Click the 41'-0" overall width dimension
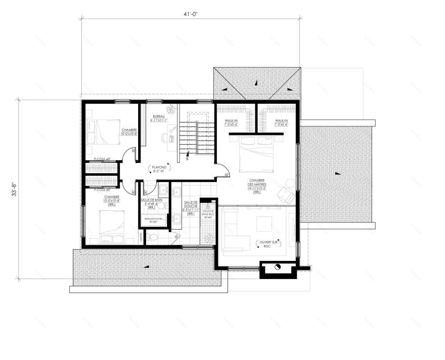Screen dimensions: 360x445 (191, 15)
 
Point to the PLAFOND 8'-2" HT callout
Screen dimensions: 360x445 (158, 169)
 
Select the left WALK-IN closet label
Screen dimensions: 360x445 (232, 122)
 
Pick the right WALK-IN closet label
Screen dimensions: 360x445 (281, 122)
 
